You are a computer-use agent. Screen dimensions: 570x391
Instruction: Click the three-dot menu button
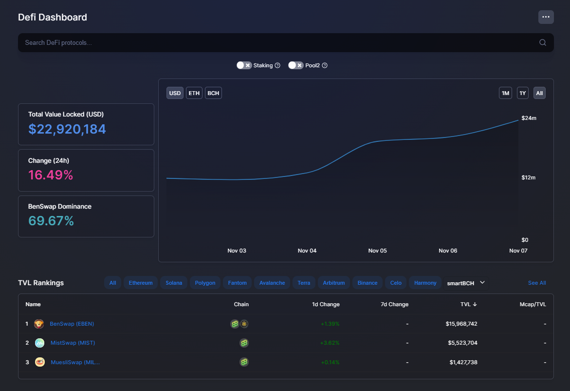[546, 17]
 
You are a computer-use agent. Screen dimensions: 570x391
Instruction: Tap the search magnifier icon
[542, 42]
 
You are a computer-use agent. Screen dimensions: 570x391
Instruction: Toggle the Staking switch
[244, 65]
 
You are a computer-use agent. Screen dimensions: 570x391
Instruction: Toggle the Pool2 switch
[295, 65]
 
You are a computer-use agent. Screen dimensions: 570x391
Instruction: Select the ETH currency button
[194, 93]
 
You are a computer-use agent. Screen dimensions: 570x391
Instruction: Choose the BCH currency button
[213, 93]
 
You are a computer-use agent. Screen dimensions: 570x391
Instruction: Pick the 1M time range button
[505, 93]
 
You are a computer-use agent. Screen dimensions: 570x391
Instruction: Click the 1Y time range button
[523, 93]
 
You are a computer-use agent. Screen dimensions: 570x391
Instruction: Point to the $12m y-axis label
[529, 177]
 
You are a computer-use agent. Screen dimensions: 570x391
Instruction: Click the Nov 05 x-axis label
[377, 251]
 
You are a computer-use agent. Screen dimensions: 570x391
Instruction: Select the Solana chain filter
[174, 283]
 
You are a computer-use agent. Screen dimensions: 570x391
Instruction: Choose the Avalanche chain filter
[272, 283]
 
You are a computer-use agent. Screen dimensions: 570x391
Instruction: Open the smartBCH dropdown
[466, 283]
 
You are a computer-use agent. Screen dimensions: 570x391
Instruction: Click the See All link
[537, 283]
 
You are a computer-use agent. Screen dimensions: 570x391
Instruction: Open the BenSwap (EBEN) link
[72, 324]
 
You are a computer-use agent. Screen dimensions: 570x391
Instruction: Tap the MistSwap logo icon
[39, 343]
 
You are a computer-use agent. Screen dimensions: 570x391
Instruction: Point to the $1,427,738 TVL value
[463, 362]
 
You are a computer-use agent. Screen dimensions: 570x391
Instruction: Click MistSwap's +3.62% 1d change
[330, 343]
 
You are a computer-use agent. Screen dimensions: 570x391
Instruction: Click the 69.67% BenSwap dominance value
[51, 221]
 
